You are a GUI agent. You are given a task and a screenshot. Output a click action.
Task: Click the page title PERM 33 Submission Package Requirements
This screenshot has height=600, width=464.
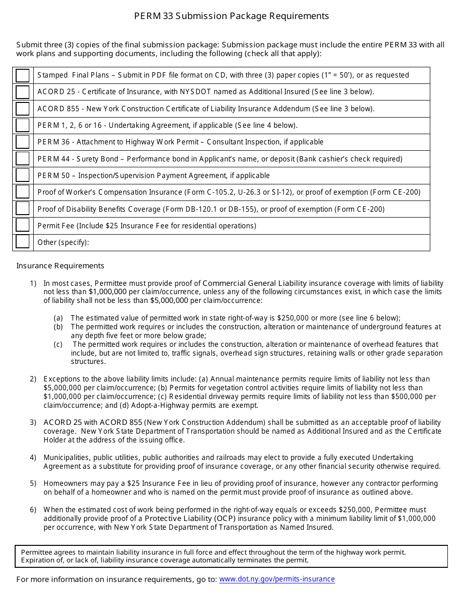[x=232, y=16]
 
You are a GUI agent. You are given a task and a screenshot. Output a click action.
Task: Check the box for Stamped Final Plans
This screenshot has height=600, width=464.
[x=22, y=76]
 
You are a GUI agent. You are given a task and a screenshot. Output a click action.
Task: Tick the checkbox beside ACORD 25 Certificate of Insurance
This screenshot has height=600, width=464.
[x=22, y=92]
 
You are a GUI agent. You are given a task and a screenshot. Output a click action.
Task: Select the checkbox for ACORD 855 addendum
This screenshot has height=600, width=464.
[x=22, y=109]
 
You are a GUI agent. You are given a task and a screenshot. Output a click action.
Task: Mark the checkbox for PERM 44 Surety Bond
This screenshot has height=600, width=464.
[x=22, y=159]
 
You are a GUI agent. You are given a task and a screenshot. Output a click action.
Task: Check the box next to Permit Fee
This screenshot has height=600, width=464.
[x=22, y=226]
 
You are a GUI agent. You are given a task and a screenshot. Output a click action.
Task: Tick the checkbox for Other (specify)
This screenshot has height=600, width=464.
[x=22, y=242]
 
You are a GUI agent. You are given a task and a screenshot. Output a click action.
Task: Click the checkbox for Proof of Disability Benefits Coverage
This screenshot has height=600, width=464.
[x=22, y=209]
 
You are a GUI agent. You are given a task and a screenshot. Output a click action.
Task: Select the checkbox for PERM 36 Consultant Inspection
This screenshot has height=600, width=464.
[x=22, y=142]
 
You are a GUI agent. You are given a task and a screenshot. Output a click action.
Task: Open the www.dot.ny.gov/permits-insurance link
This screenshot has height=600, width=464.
[x=277, y=579]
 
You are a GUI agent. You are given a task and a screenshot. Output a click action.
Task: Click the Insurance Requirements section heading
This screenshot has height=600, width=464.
[x=60, y=266]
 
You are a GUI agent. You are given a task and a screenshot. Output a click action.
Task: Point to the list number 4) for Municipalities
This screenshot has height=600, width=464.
[x=33, y=458]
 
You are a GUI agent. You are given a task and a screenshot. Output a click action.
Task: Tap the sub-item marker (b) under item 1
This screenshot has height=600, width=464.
[x=58, y=327]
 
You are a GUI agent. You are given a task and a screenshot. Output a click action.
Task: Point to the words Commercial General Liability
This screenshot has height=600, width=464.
[x=254, y=283]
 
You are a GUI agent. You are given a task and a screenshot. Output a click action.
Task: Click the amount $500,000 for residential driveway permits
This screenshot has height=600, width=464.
[x=408, y=397]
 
